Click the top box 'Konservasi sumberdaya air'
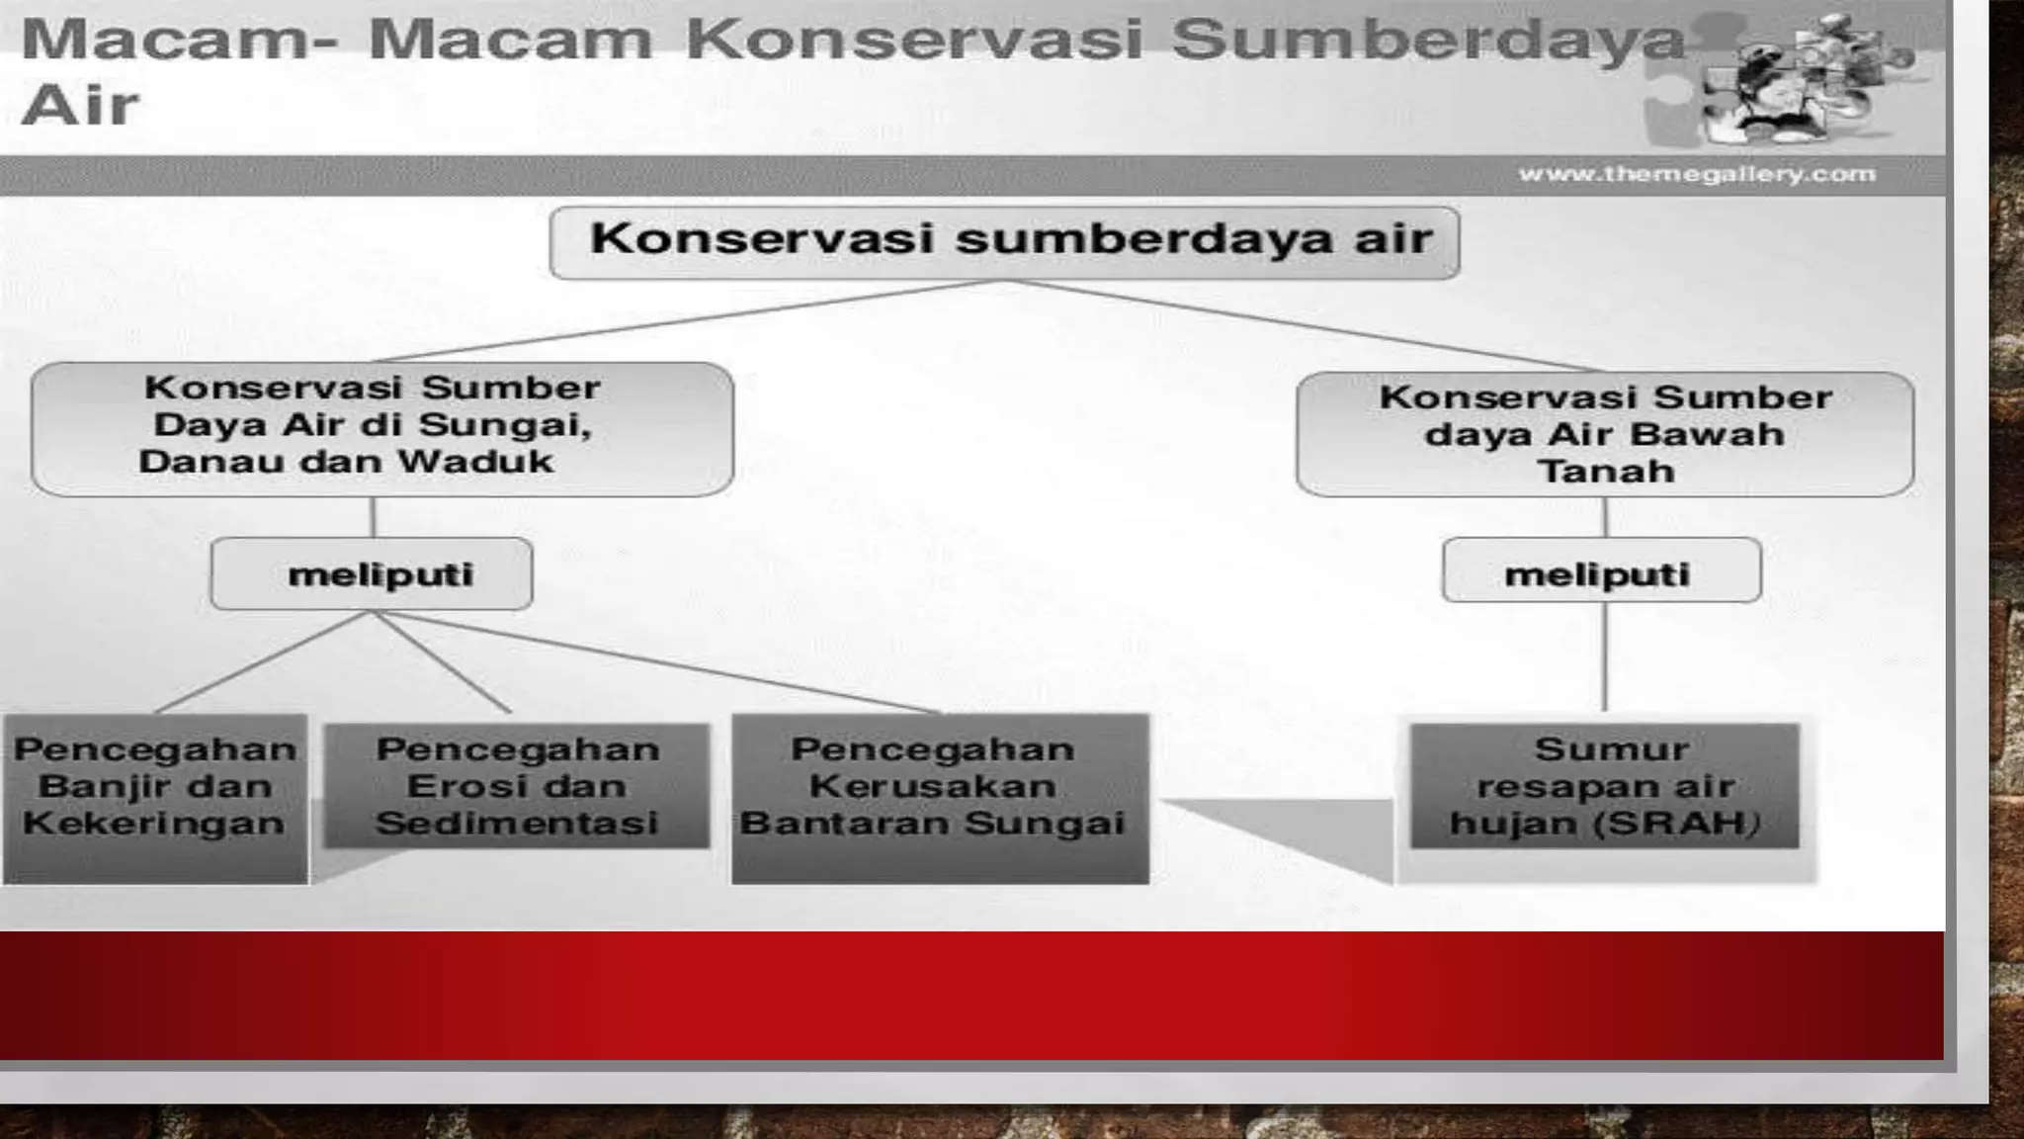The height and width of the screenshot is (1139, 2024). [x=1004, y=242]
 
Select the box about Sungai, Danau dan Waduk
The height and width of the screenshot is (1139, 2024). [x=381, y=428]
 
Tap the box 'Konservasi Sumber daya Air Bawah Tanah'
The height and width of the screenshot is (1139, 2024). [x=1605, y=434]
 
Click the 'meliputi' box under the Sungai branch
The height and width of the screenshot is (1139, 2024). [x=372, y=573]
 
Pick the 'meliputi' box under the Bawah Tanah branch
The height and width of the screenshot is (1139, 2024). [x=1601, y=570]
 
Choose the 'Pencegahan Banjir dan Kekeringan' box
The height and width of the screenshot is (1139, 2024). [x=155, y=797]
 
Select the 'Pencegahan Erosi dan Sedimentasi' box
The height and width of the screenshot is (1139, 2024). [x=517, y=786]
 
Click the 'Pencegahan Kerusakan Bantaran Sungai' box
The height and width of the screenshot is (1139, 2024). [x=940, y=797]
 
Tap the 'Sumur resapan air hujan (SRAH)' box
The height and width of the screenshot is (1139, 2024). [x=1604, y=786]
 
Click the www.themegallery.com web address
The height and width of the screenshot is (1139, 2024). [x=1697, y=175]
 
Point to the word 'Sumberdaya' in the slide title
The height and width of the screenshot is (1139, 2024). [x=1427, y=42]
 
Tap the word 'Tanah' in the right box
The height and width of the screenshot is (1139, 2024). [x=1605, y=471]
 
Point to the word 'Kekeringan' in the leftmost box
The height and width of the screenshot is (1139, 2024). [x=153, y=823]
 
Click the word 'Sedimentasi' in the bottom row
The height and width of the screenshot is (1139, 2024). [x=517, y=823]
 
